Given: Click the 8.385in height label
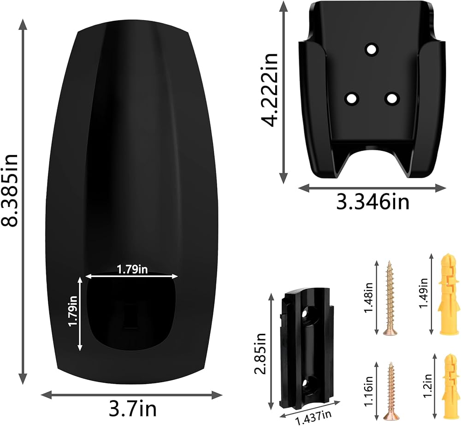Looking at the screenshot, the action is coord(10,190).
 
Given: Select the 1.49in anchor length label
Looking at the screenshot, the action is coord(423,293).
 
